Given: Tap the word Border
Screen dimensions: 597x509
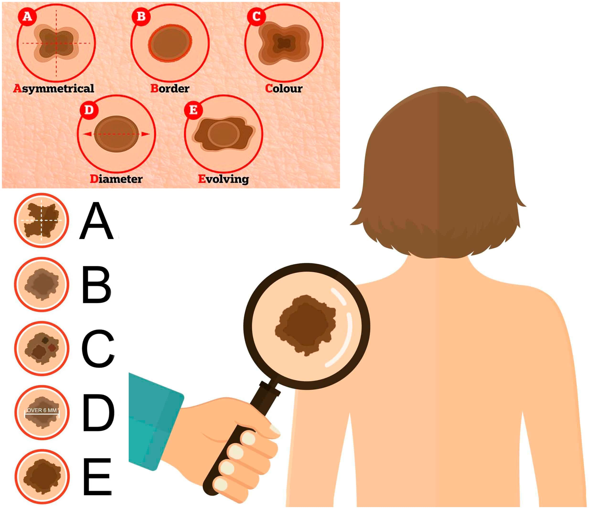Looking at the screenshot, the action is point(170,88).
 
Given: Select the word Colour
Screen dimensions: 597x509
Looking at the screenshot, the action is point(284,88).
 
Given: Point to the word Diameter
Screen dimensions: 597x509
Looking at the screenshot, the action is point(116,179).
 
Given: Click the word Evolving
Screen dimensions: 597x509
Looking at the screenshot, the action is point(224,179).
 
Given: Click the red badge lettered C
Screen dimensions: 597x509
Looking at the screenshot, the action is point(256,16).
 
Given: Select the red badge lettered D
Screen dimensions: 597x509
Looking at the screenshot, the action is point(89,110).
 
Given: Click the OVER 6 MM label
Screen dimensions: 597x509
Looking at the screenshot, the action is point(42,410).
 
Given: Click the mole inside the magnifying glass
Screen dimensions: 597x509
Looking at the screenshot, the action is point(305,325).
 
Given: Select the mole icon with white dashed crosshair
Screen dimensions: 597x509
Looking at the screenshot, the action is point(42,220).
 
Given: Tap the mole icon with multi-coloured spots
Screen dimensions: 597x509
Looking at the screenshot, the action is point(42,348).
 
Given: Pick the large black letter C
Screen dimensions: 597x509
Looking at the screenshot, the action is point(98,349).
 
